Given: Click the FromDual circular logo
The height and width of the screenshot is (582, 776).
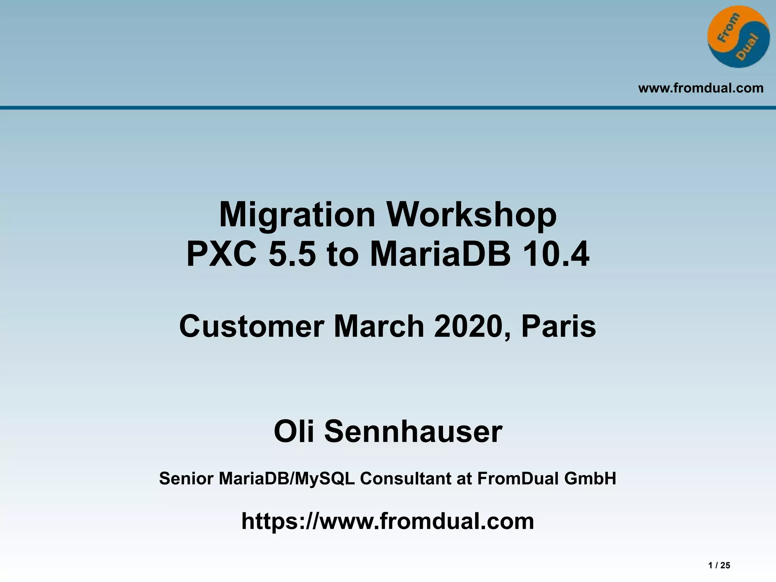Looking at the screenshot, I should tap(738, 37).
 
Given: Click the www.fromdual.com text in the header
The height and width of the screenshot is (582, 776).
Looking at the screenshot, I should tap(701, 88).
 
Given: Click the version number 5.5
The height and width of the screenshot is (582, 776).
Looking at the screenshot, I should tap(292, 254).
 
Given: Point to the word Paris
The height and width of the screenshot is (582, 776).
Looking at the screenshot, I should tap(559, 327).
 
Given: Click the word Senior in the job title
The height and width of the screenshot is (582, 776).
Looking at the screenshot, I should tap(186, 479).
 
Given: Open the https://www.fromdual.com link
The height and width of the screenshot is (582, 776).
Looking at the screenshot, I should tap(388, 521).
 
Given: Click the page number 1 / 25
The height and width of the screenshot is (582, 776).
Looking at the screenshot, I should tap(719, 565).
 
